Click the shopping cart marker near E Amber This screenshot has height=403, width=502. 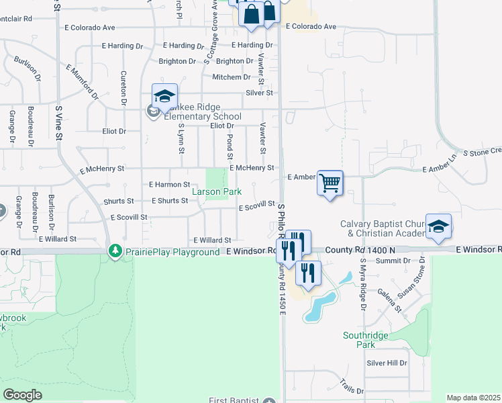pyautogui.click(x=330, y=183)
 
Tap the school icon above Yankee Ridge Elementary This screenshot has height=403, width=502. pyautogui.click(x=164, y=96)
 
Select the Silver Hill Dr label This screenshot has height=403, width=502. pyautogui.click(x=387, y=363)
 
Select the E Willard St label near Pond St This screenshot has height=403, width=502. pyautogui.click(x=212, y=240)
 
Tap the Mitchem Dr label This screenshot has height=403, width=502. pyautogui.click(x=232, y=77)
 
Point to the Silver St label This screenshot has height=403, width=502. pyautogui.click(x=260, y=93)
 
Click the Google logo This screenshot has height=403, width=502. pyautogui.click(x=22, y=395)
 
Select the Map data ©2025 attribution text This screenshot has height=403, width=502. pyautogui.click(x=473, y=398)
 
